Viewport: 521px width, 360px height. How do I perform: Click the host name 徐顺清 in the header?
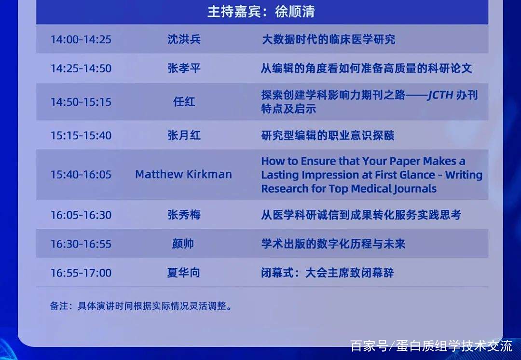pos(295,12)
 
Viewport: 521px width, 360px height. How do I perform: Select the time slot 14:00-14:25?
pos(81,40)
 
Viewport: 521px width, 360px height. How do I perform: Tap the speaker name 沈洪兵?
pos(184,40)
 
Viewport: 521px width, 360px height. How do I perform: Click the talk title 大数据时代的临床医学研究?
pos(329,40)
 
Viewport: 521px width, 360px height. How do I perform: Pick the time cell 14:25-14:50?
pos(81,69)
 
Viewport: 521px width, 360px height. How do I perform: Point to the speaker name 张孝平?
pos(184,69)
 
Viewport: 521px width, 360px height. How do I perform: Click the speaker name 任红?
pos(184,102)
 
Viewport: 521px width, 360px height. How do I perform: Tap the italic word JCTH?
pos(440,95)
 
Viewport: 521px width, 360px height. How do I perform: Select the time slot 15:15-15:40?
pos(81,136)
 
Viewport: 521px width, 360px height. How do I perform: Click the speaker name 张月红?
pos(184,136)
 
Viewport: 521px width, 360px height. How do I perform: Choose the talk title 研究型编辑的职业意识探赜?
pos(328,136)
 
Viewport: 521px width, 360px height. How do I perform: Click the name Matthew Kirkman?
pos(183,175)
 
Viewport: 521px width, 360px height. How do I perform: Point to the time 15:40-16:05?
pos(81,175)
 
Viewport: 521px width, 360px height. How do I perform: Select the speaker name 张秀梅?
pos(184,215)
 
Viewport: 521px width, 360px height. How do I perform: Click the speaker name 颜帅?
pos(183,244)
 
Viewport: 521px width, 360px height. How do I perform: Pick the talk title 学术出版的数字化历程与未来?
pos(333,244)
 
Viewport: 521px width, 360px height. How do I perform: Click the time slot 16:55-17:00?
pos(81,273)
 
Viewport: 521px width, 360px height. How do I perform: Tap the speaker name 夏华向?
pos(183,273)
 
